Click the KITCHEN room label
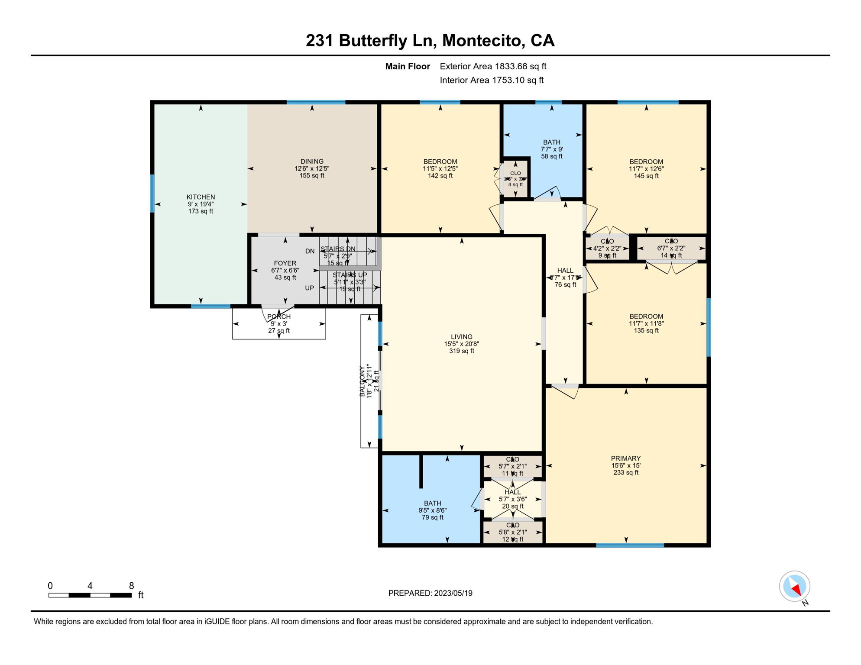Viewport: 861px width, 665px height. tap(201, 197)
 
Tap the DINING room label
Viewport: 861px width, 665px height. tap(312, 161)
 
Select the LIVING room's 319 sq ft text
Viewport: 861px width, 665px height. tap(461, 351)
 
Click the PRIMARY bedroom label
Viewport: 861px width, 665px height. tap(625, 458)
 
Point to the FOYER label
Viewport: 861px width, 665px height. tap(285, 263)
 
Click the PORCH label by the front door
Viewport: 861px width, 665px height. tap(279, 317)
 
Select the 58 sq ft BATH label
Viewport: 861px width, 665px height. tap(551, 149)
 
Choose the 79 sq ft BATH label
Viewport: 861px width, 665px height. tap(432, 510)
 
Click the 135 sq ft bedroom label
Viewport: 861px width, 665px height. tap(646, 323)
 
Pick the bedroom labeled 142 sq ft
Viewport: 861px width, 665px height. tap(440, 169)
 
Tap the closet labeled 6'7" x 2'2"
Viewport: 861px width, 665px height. tap(671, 249)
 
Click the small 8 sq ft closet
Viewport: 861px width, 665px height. tap(515, 179)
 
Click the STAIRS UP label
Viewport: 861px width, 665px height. tap(350, 275)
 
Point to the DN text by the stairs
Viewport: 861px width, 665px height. tap(310, 251)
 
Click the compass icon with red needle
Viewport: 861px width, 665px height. tap(794, 587)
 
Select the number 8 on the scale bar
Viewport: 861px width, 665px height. tap(131, 586)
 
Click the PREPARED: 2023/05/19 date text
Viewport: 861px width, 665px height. tap(430, 593)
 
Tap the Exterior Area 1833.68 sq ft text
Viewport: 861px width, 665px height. tap(493, 66)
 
